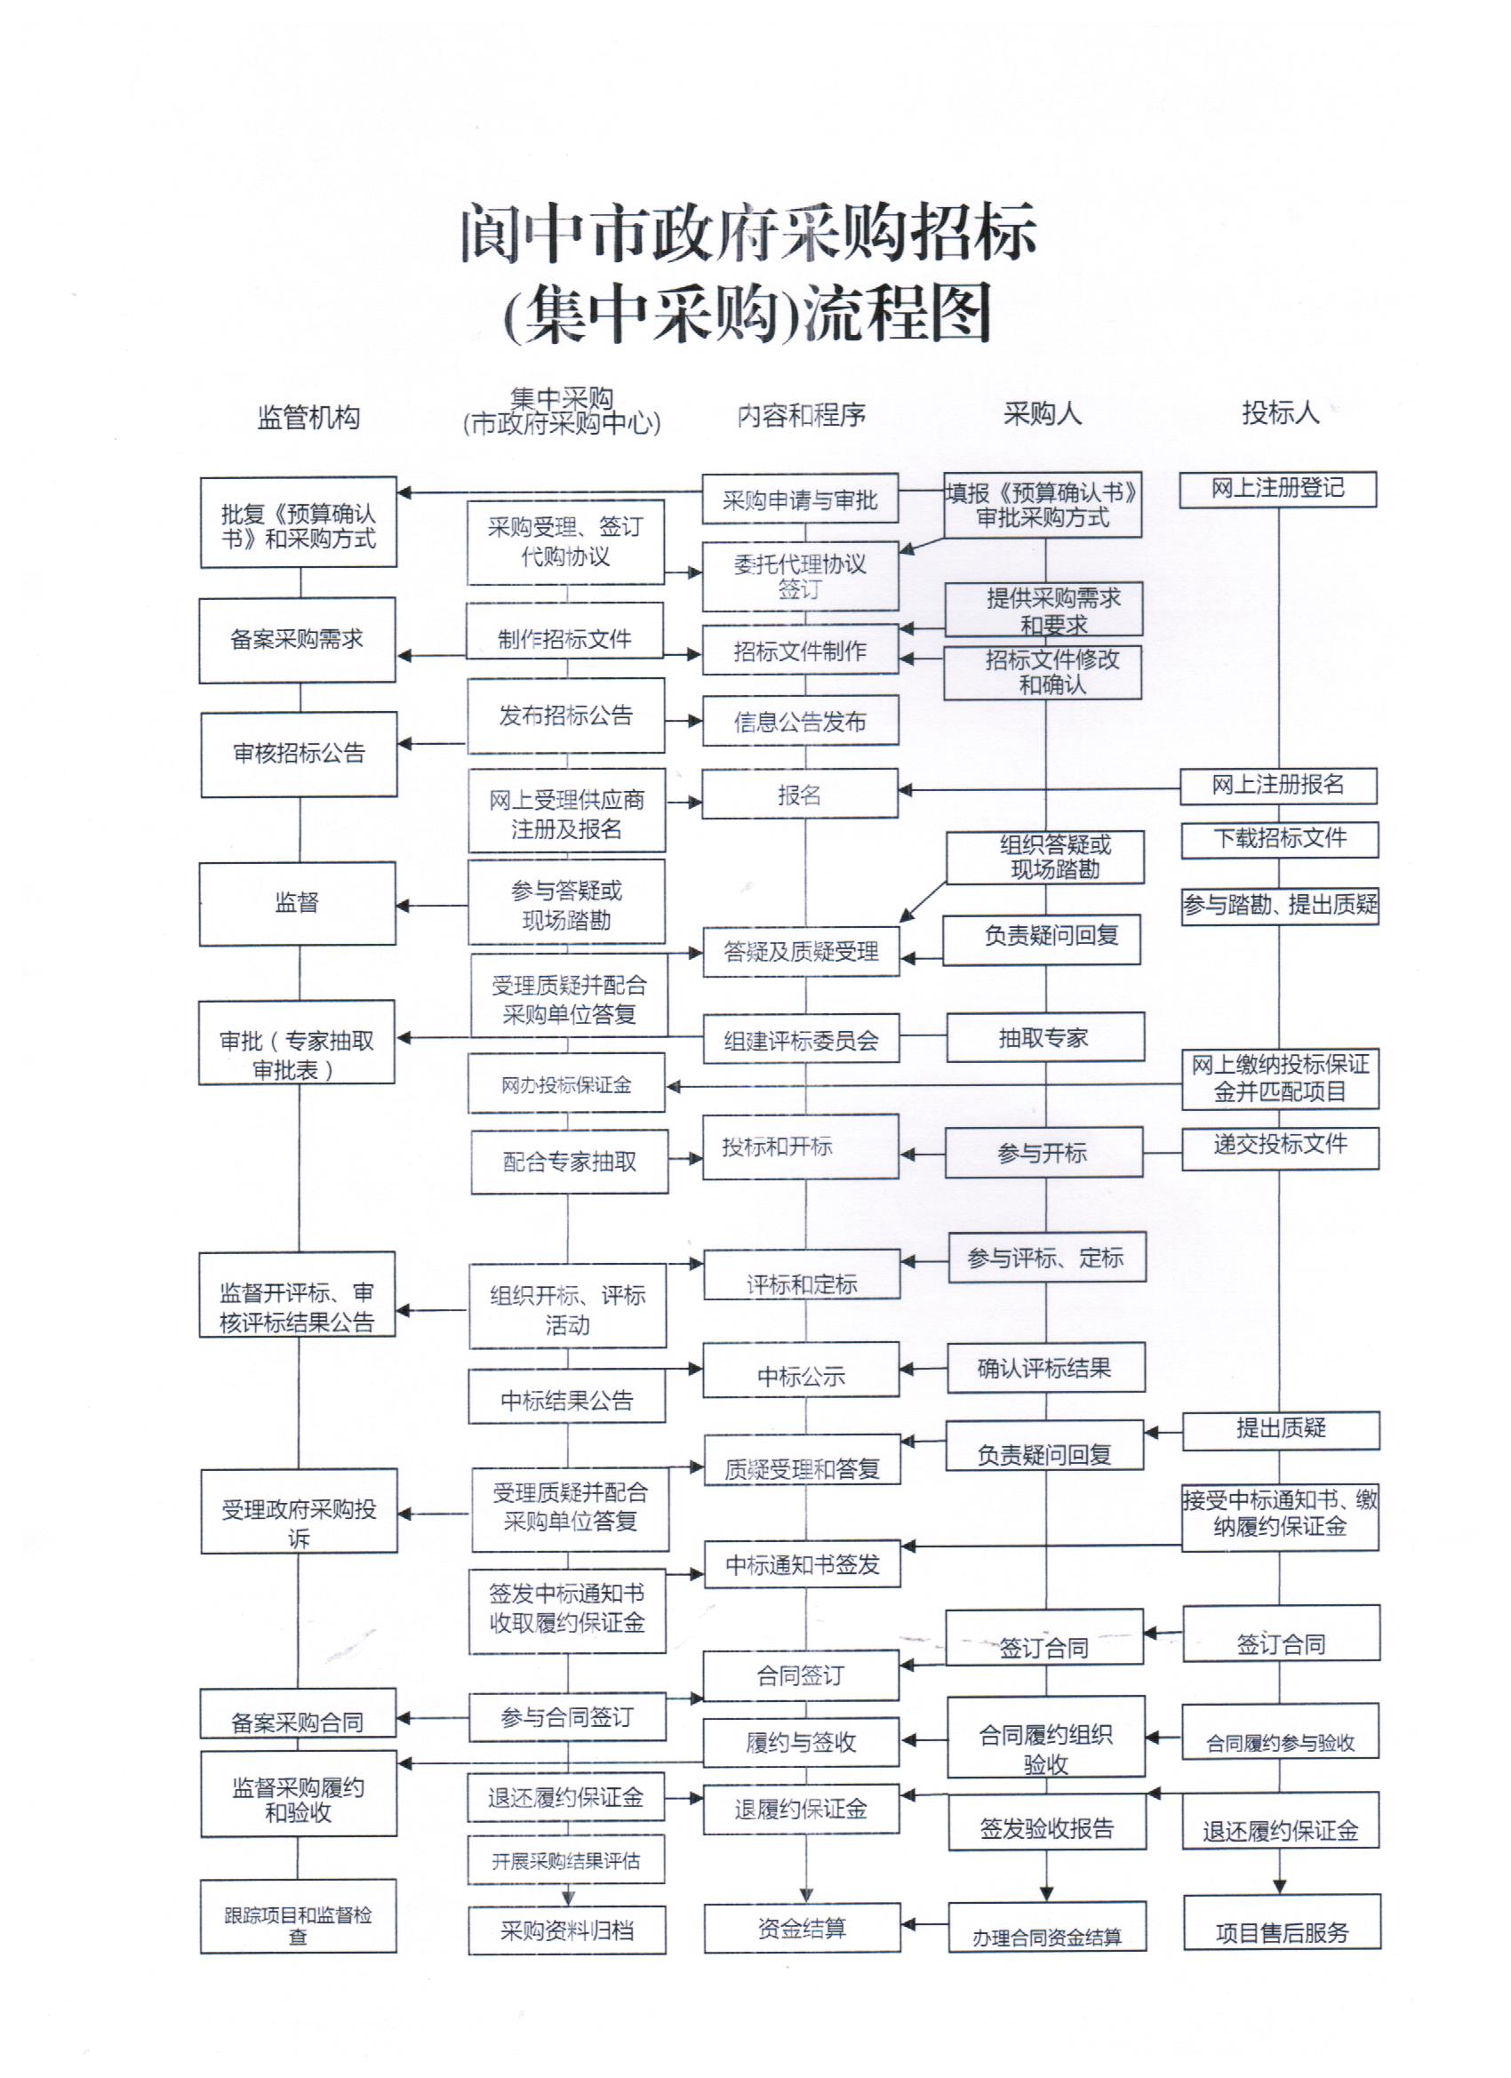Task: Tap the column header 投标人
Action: tap(1280, 412)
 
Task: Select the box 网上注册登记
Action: tap(1277, 488)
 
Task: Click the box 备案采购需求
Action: tap(297, 640)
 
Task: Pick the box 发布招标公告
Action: tap(565, 715)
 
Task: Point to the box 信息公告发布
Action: tap(800, 721)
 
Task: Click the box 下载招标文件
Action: tap(1279, 838)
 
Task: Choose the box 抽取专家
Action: tap(1044, 1037)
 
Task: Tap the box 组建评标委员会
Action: tap(800, 1039)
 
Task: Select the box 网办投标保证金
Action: tap(566, 1085)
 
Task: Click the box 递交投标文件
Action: tap(1280, 1146)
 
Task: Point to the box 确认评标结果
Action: tap(1045, 1368)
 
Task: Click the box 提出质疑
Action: tap(1280, 1427)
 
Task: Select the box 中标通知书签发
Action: tap(802, 1564)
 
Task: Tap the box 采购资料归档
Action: tap(567, 1930)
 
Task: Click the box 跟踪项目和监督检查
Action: tap(298, 1925)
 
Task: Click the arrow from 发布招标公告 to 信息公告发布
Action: tap(684, 720)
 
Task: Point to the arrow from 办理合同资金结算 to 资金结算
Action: tap(923, 1924)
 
